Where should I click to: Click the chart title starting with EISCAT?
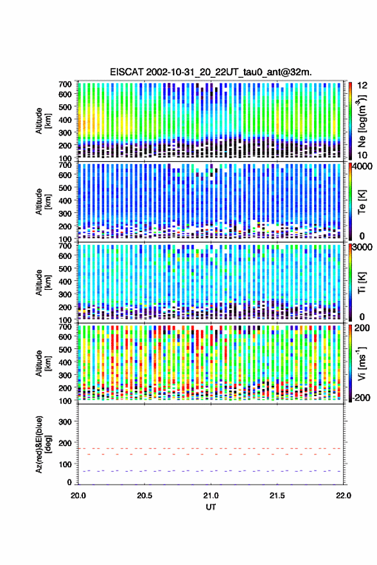coord(211,72)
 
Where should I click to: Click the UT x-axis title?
coord(211,507)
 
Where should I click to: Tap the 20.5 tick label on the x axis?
coord(145,496)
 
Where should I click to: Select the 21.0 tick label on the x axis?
coord(211,496)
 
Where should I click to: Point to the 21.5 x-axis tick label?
coord(277,496)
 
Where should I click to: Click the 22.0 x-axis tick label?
coord(343,496)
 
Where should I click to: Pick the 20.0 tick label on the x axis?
coord(78,496)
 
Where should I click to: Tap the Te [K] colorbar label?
coord(362,202)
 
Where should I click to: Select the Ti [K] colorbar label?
coord(362,282)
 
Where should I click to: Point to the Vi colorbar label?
coord(361,363)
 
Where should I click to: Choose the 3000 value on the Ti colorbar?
coord(363,247)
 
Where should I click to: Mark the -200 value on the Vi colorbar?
coord(362,397)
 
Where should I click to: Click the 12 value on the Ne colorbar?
coord(363,85)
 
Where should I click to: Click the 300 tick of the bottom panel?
coord(65,422)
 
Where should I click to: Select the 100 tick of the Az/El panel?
coord(65,464)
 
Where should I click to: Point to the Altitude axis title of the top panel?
coord(43,121)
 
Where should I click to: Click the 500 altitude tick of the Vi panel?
coord(65,349)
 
